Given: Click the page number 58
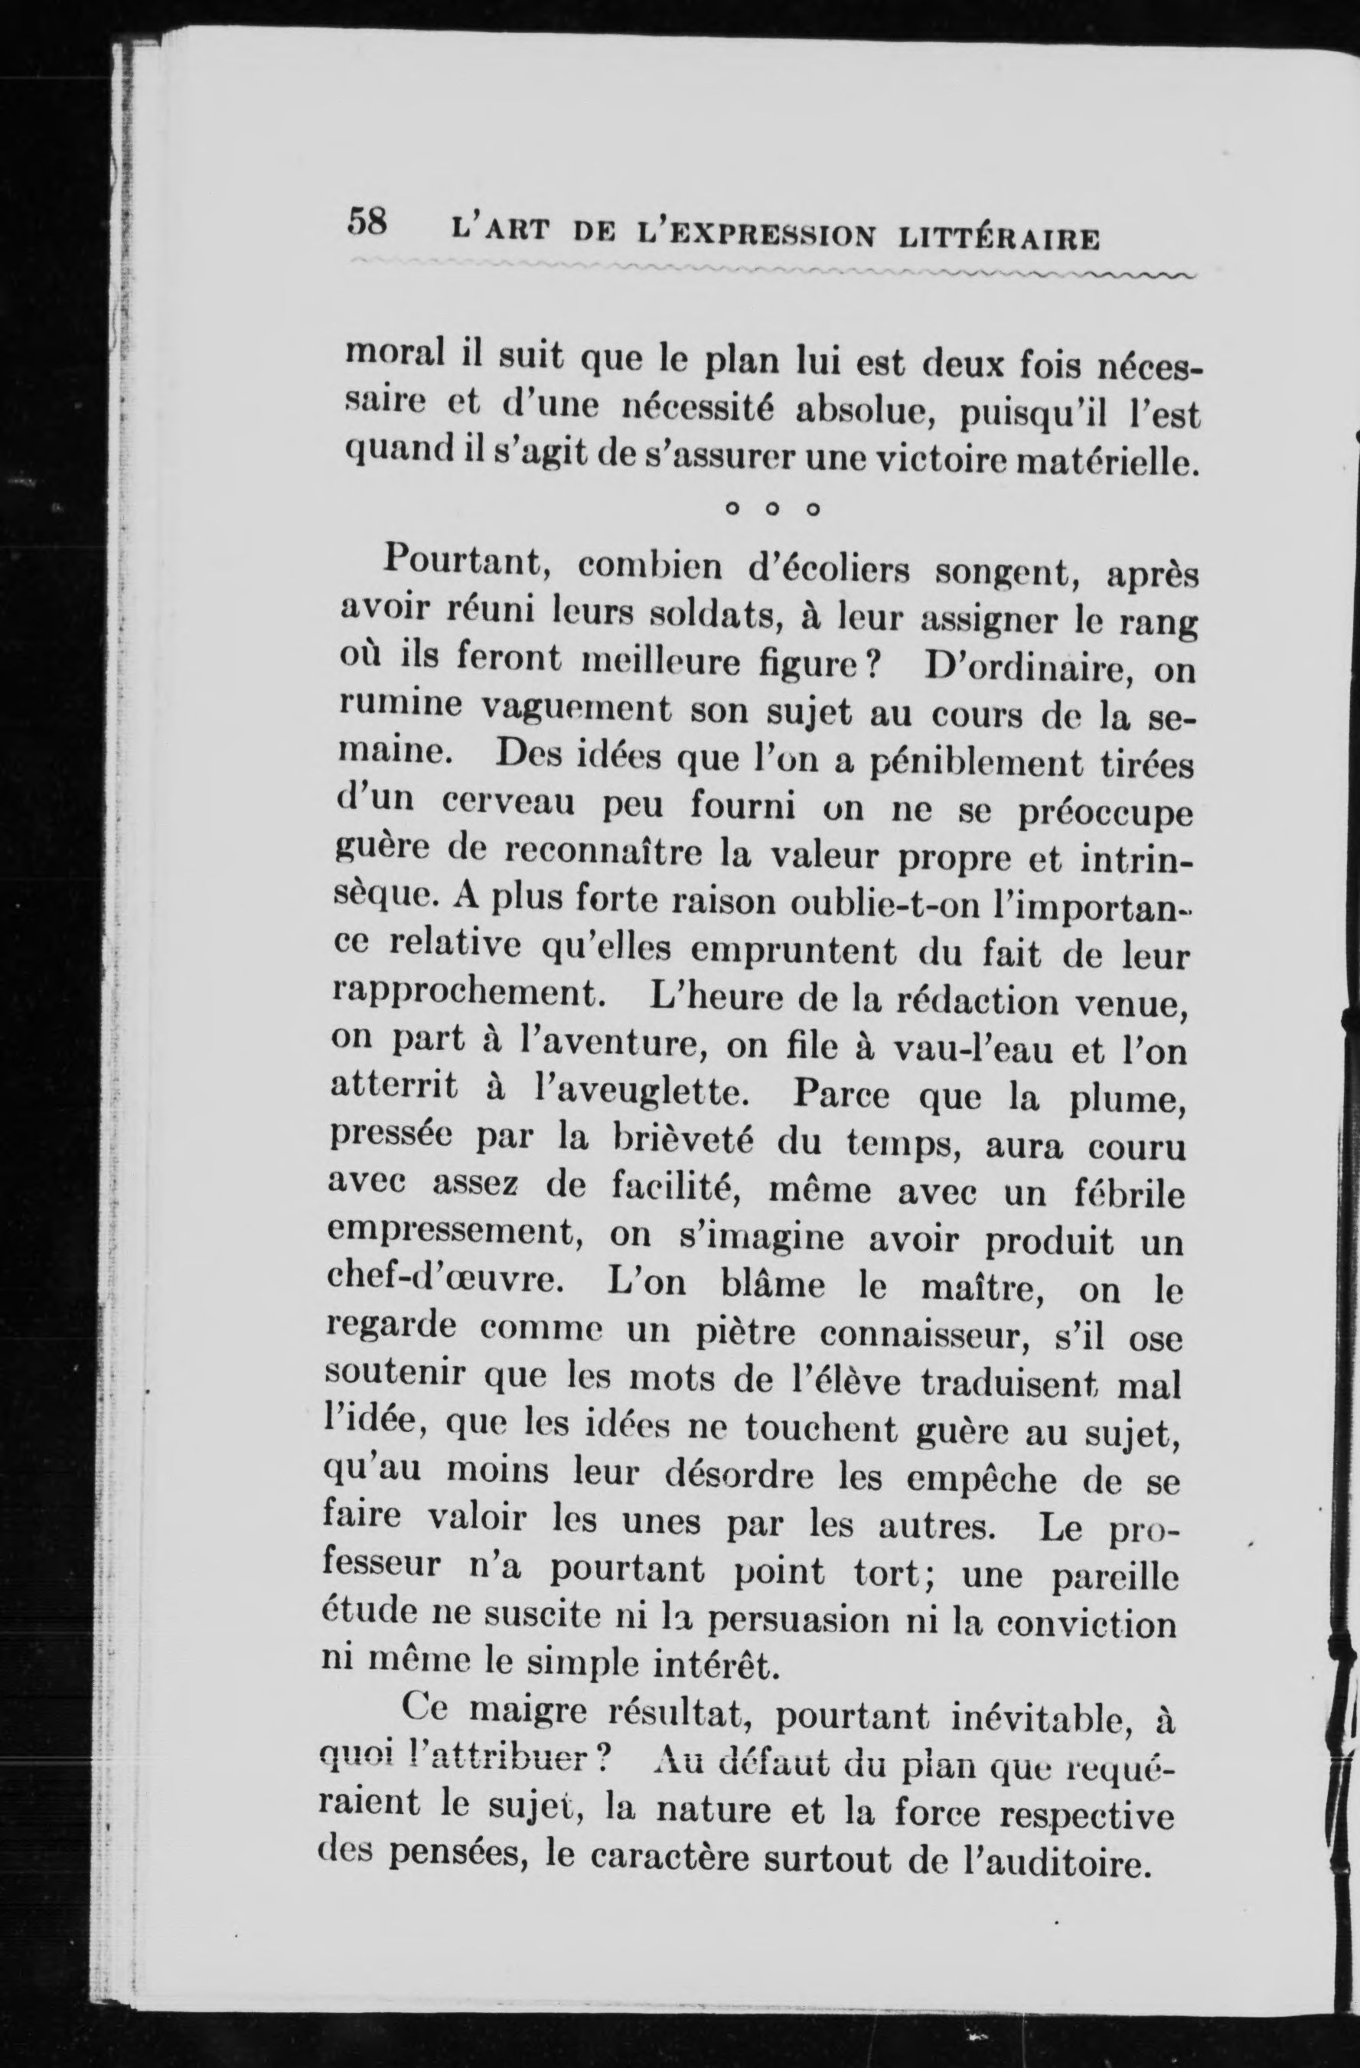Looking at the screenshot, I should tap(366, 223).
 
